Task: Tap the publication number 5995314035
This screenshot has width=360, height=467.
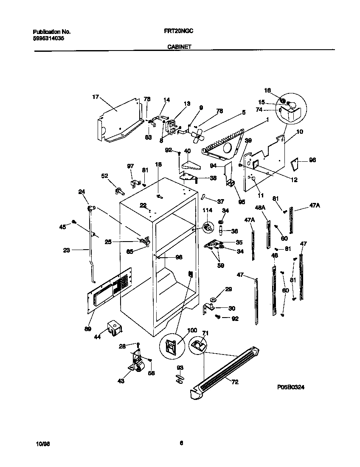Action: pos(48,38)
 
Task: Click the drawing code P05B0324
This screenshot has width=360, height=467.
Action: pos(291,387)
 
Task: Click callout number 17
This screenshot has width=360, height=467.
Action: pos(96,97)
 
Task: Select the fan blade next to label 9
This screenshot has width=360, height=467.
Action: pos(196,136)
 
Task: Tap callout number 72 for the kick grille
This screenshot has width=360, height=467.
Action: pos(235,382)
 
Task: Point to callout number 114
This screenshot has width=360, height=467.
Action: pos(207,211)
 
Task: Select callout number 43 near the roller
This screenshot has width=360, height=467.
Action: pos(121,381)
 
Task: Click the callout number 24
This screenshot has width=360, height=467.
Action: pos(82,191)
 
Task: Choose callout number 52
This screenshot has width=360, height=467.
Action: pos(104,175)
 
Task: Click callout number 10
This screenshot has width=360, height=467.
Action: pos(300,132)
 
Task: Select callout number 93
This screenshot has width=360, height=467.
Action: pos(180,368)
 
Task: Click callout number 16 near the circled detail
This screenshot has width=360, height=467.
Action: pos(267,90)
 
